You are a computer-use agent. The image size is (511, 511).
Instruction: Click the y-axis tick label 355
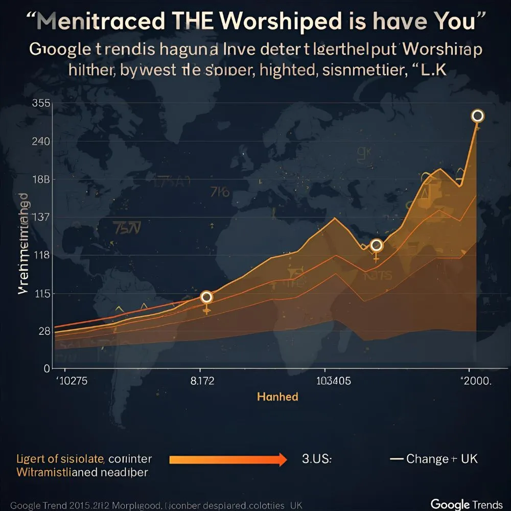coord(41,103)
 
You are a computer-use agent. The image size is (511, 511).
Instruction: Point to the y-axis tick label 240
coord(41,142)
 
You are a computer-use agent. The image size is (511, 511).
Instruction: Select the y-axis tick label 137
coord(41,217)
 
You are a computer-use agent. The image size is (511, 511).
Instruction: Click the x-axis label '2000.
coord(475,381)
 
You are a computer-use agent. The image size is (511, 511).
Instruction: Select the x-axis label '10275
coord(71,381)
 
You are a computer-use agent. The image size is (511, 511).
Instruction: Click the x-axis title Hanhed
coord(277,397)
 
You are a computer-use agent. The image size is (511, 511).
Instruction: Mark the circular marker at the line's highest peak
coord(478,116)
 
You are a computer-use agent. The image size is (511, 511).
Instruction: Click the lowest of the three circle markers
coord(206,297)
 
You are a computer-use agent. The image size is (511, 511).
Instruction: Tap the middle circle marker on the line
coord(377,245)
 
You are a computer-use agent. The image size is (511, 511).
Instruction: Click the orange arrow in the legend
coord(228,459)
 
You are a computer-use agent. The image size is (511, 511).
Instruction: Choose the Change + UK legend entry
coord(434,458)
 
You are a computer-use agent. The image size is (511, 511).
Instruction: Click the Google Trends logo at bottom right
coord(466,503)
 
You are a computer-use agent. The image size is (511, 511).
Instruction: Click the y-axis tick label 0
coord(47,368)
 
